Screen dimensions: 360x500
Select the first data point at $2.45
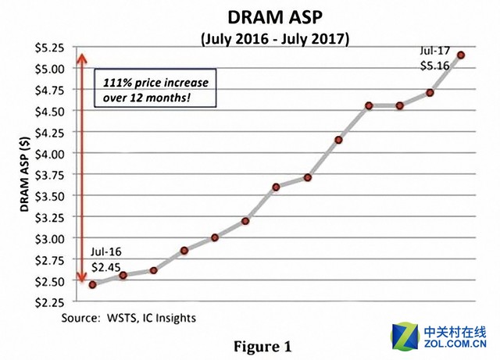click(x=92, y=284)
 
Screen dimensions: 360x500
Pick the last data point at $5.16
click(x=461, y=55)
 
